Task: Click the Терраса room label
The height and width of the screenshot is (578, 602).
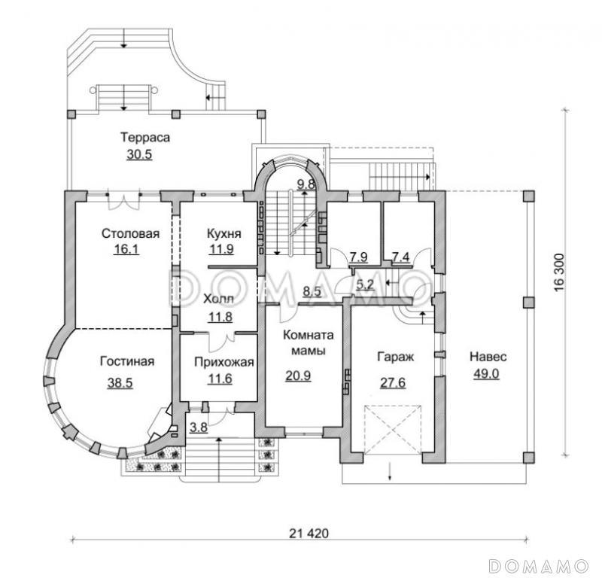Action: [145, 137]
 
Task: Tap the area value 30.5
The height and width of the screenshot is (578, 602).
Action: [139, 154]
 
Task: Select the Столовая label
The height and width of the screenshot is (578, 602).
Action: [130, 233]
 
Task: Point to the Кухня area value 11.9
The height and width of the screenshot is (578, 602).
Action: [221, 249]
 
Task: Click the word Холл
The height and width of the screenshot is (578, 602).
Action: [218, 299]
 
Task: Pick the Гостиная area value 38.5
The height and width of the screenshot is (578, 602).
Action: [120, 382]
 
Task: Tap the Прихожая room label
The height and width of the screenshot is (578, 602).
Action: [224, 362]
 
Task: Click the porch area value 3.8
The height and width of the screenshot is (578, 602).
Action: [199, 427]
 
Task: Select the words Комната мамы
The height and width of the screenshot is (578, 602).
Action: [309, 342]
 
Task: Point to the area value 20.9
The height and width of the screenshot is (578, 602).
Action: [298, 376]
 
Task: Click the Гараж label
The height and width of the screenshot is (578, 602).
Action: [396, 357]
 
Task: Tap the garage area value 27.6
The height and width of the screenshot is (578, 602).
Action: [393, 382]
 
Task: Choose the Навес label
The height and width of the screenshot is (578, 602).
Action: [488, 357]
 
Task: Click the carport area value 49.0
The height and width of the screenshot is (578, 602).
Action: [486, 373]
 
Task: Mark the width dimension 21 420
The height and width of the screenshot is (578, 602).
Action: [309, 533]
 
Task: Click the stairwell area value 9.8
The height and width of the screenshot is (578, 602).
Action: [306, 184]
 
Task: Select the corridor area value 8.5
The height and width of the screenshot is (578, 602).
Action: [312, 291]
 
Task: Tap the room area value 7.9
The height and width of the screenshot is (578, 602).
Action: [359, 257]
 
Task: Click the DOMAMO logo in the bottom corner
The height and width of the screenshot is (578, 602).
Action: [539, 565]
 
